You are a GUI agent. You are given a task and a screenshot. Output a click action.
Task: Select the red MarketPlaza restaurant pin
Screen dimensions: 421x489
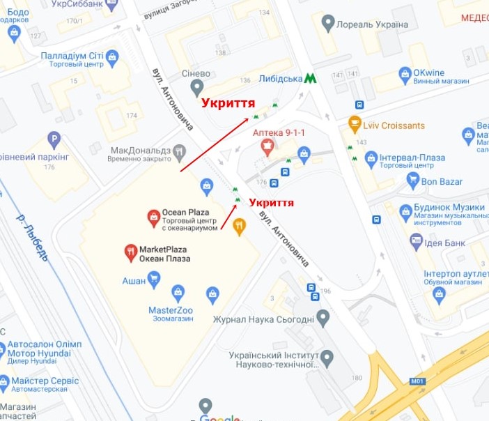130,252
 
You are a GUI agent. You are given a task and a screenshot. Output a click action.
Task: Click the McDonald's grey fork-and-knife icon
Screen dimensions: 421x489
180,151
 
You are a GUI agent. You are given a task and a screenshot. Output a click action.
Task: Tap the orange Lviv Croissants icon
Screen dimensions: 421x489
355,125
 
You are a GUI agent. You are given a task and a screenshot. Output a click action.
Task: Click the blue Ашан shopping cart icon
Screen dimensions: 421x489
155,280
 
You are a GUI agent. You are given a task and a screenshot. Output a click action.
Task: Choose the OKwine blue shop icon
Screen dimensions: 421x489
404,73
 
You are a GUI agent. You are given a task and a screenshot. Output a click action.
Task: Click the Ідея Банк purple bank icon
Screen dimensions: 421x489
417,240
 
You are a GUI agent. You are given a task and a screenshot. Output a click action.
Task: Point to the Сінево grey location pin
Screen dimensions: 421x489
198,87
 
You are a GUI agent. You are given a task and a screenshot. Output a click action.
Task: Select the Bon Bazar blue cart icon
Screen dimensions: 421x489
414,181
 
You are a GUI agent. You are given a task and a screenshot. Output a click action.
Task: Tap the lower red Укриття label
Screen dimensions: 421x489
271,203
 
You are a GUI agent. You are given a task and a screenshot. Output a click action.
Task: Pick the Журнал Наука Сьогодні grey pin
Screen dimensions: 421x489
323,319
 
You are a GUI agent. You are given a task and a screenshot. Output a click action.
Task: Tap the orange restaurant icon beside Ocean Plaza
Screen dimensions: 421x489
240,226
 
